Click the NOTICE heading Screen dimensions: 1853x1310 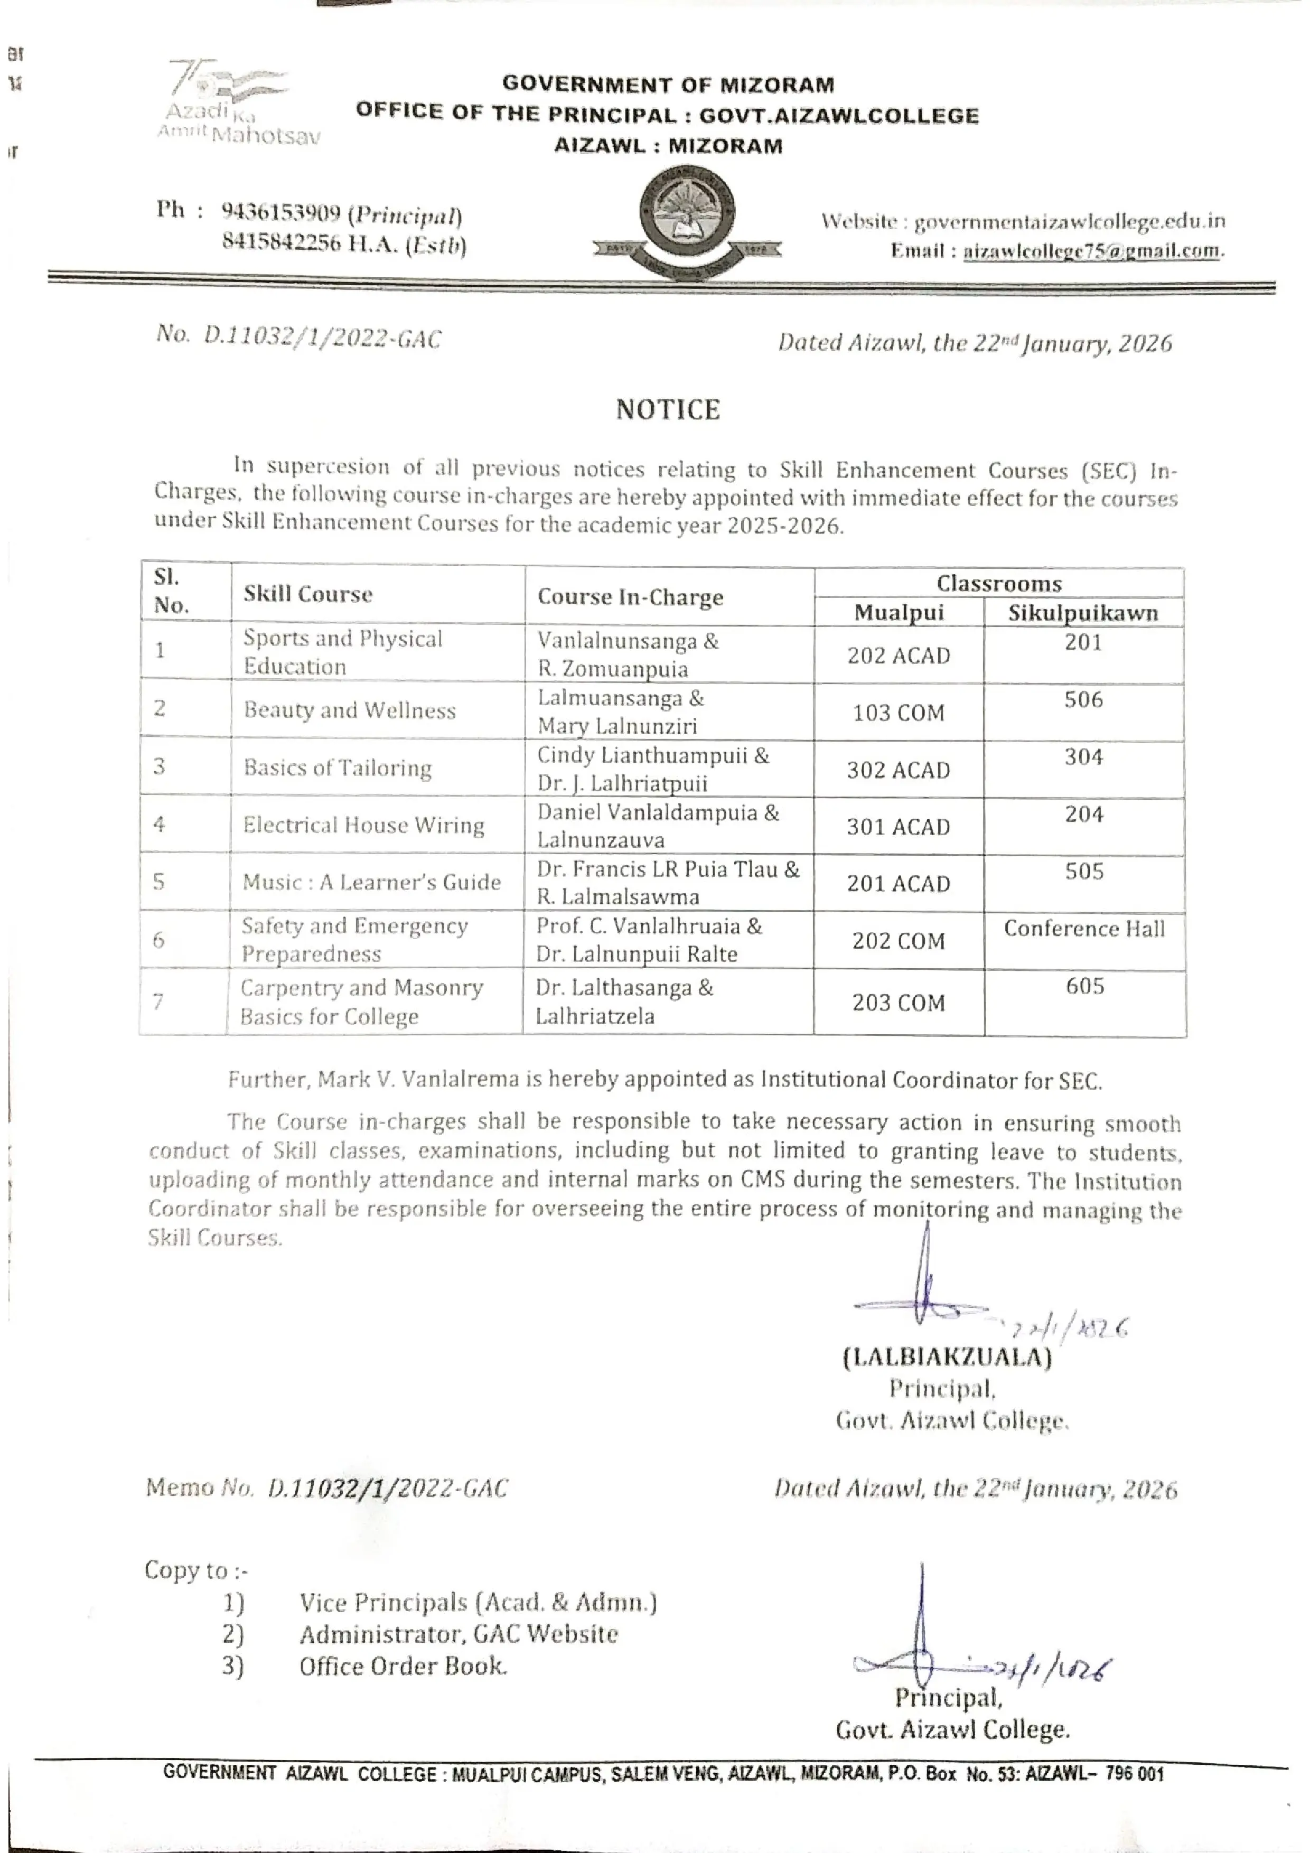click(668, 410)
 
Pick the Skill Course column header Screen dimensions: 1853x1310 click(307, 595)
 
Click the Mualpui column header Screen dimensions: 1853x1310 click(899, 613)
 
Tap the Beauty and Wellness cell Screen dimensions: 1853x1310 click(350, 710)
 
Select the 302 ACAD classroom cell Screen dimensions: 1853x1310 click(899, 770)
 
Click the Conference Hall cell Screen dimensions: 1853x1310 click(1084, 929)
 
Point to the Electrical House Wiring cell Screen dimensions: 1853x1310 click(363, 825)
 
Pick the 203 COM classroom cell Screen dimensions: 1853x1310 click(899, 1003)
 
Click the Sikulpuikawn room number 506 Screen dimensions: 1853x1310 click(1083, 700)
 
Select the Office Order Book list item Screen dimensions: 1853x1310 click(403, 1667)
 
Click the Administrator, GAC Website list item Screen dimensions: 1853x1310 click(457, 1634)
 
